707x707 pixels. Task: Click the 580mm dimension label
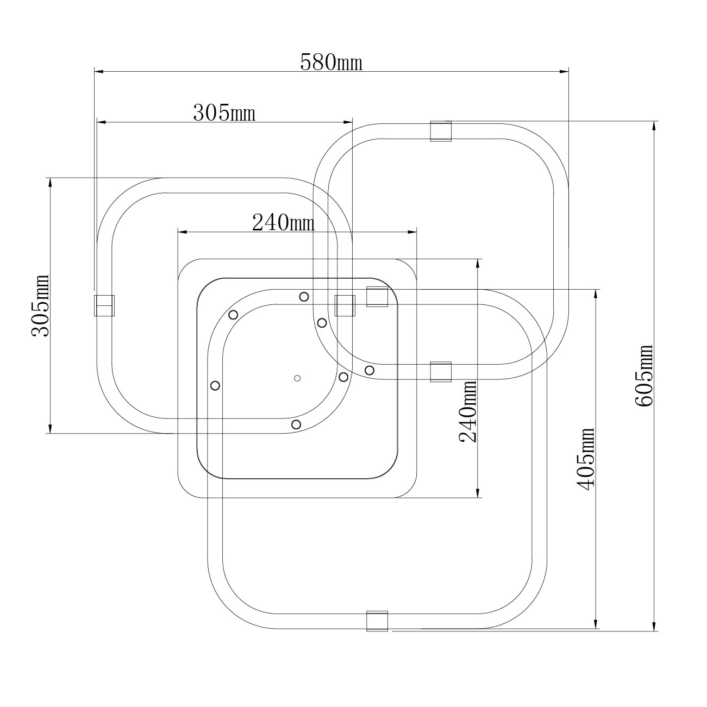coord(331,62)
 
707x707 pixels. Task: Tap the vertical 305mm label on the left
coord(40,305)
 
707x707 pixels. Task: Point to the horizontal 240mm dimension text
coord(283,222)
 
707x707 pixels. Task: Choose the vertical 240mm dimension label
coord(467,411)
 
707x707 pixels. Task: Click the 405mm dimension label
coord(586,459)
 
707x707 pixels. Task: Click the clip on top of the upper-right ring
coord(441,131)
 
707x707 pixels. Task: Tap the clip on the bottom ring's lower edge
coord(377,621)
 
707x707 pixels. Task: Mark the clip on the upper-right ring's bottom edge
coord(441,372)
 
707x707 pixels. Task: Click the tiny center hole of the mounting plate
coord(297,378)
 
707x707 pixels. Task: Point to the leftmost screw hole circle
coord(215,385)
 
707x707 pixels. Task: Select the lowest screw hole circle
coord(296,424)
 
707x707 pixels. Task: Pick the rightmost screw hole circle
coord(370,370)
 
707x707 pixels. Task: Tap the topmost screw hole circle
coord(304,296)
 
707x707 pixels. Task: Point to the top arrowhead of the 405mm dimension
coord(597,294)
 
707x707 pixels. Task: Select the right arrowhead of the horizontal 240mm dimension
coord(412,232)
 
